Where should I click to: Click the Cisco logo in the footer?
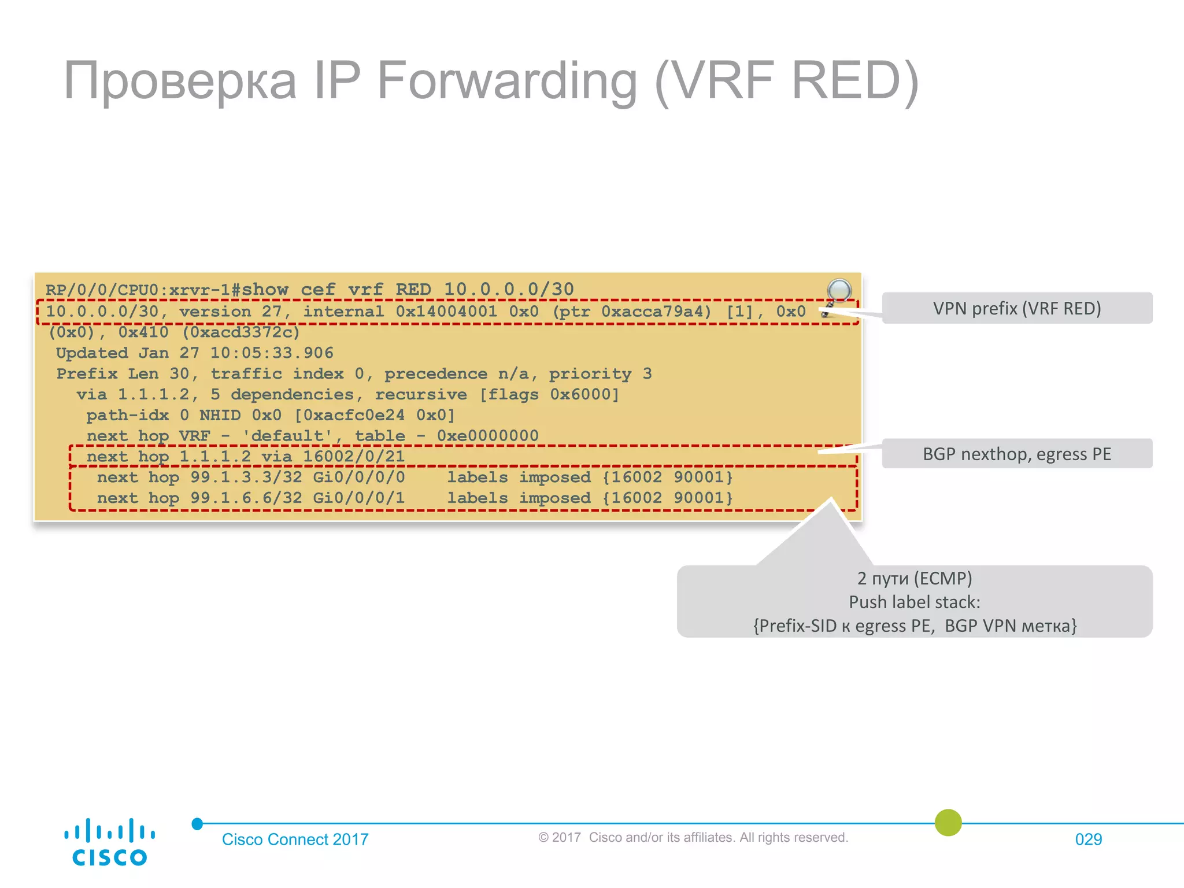click(x=109, y=841)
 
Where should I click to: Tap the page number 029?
click(x=1088, y=839)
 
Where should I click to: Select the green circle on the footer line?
click(x=948, y=823)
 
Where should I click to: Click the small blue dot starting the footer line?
click(x=197, y=824)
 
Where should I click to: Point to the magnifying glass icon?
click(x=838, y=291)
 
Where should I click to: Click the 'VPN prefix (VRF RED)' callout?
click(x=1016, y=308)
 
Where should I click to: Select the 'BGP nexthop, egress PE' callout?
click(x=1016, y=454)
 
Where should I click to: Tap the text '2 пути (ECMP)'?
click(x=914, y=578)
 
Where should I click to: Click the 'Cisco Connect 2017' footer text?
click(x=295, y=839)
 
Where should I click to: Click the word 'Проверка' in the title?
click(x=180, y=81)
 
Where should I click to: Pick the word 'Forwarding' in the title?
click(x=507, y=81)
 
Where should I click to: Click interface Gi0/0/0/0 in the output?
click(x=359, y=478)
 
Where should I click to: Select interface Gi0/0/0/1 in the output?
click(x=359, y=498)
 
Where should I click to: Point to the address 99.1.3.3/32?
click(x=246, y=478)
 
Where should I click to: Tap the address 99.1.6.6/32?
click(x=246, y=498)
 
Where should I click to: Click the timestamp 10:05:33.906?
click(x=272, y=353)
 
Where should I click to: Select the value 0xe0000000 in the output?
click(x=487, y=436)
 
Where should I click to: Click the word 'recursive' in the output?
click(x=421, y=395)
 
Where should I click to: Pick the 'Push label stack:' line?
click(x=914, y=602)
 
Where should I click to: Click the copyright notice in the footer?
click(x=693, y=838)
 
